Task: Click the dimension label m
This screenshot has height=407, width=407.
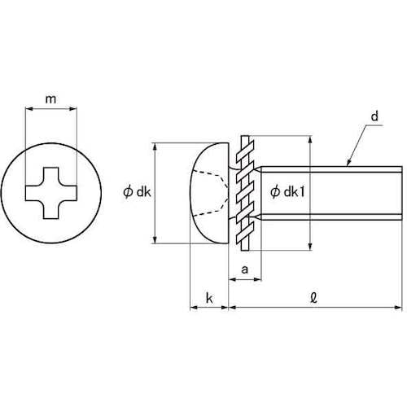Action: [50, 99]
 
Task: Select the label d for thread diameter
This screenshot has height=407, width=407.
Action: [374, 116]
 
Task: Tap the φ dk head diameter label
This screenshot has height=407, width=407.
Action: [137, 192]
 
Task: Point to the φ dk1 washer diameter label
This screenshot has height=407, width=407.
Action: [287, 192]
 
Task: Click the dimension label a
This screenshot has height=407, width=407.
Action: [245, 269]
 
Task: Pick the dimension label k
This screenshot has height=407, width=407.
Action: [209, 298]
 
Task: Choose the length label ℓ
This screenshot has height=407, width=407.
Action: [314, 298]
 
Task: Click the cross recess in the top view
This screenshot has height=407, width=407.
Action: [51, 193]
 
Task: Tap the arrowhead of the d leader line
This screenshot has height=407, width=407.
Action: [349, 162]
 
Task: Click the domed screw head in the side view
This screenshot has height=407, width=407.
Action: [209, 193]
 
